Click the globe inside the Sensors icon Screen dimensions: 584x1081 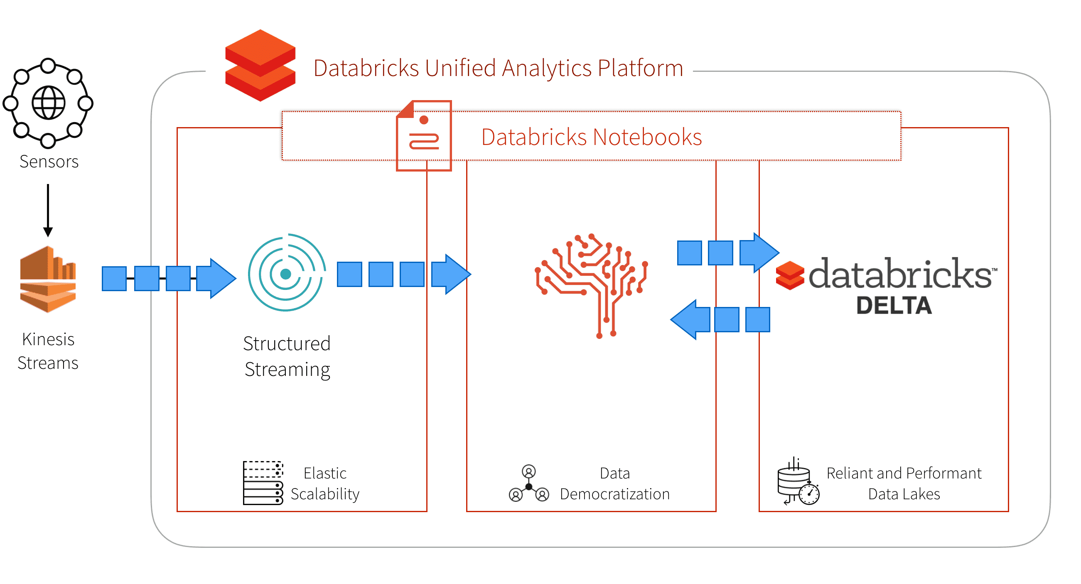point(49,102)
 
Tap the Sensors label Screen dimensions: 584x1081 point(49,162)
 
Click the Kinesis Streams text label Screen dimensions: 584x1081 point(48,351)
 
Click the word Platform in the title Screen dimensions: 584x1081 point(640,68)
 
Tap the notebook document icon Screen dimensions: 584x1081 point(424,135)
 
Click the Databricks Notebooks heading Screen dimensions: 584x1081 point(591,137)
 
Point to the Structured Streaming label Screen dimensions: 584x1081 point(287,356)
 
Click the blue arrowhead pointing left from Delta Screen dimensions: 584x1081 point(688,320)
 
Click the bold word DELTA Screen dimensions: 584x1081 point(893,305)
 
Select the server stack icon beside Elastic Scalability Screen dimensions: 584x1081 point(263,483)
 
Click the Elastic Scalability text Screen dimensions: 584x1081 point(325,483)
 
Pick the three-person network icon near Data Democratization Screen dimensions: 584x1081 point(529,483)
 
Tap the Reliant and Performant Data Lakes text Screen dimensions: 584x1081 point(904,483)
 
